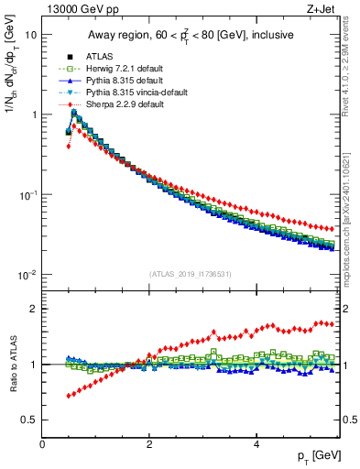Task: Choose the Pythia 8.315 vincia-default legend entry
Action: point(133,93)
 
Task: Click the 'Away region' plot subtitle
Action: point(193,36)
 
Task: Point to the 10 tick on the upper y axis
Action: point(32,35)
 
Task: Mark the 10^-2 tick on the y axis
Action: point(28,275)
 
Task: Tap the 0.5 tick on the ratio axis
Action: point(30,420)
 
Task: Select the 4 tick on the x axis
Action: point(256,444)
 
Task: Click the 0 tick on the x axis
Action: point(43,444)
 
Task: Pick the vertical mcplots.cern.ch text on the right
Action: point(352,211)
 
